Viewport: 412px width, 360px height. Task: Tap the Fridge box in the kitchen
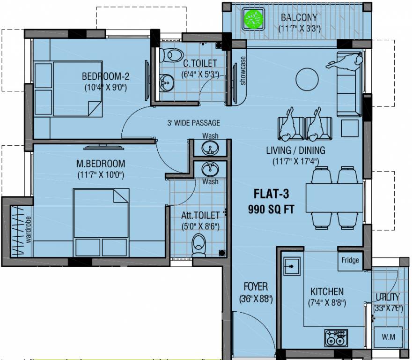[x=350, y=261]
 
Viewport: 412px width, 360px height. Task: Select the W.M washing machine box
[x=386, y=337]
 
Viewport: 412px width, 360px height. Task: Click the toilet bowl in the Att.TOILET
[x=199, y=244]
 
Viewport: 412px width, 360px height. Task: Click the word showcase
[x=243, y=71]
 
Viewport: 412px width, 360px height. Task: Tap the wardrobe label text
[x=29, y=230]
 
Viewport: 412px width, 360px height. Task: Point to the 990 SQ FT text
[x=272, y=210]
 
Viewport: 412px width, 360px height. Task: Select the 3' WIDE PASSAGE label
[x=193, y=123]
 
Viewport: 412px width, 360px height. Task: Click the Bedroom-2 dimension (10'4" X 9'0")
[x=106, y=87]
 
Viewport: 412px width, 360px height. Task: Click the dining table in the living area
[x=334, y=197]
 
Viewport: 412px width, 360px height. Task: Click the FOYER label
[x=255, y=286]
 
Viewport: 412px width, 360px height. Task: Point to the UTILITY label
[x=388, y=297]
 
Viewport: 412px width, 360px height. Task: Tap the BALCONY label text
[x=299, y=18]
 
